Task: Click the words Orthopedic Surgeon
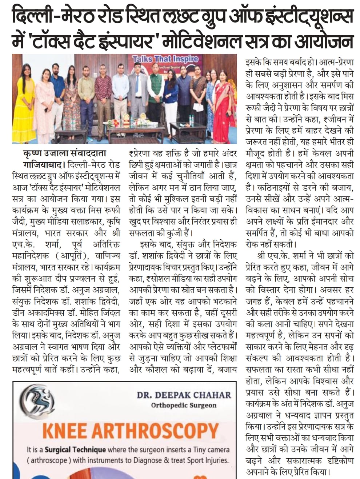[x=184, y=405]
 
